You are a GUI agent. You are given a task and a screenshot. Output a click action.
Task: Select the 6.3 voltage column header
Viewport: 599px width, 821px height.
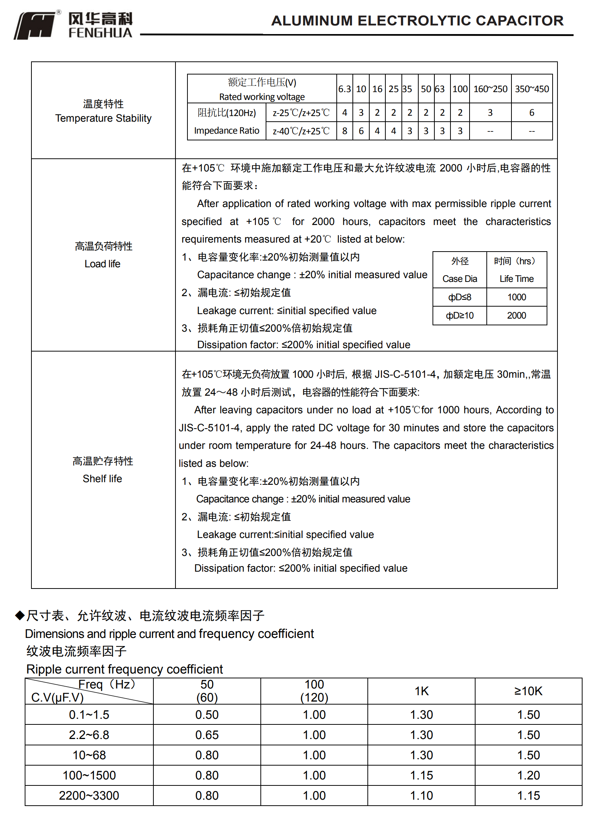pyautogui.click(x=344, y=89)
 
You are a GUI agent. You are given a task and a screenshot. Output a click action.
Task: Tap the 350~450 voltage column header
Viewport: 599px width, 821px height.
pyautogui.click(x=532, y=89)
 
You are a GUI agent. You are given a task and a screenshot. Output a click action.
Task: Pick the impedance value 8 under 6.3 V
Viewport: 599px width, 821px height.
pyautogui.click(x=344, y=131)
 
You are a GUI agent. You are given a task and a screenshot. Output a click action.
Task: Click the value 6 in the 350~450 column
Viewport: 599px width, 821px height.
pyautogui.click(x=532, y=113)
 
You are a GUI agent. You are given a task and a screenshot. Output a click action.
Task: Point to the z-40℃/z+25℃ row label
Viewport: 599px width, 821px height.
pyautogui.click(x=301, y=131)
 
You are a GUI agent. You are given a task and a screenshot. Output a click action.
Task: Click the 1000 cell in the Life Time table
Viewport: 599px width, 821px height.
pyautogui.click(x=517, y=297)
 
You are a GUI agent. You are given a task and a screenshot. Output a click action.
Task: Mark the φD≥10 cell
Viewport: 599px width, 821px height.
pyautogui.click(x=459, y=316)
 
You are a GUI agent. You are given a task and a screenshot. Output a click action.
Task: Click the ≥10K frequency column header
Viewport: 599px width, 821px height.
pyautogui.click(x=528, y=691)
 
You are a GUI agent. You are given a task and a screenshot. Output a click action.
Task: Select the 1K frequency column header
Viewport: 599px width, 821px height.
pyautogui.click(x=421, y=691)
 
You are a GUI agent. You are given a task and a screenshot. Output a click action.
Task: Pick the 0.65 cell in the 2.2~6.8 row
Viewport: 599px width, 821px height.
pyautogui.click(x=207, y=735)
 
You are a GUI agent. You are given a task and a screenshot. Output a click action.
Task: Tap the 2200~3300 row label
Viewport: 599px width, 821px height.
pyautogui.click(x=89, y=796)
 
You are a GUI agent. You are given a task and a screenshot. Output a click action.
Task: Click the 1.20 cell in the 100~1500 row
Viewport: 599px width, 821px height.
pyautogui.click(x=528, y=775)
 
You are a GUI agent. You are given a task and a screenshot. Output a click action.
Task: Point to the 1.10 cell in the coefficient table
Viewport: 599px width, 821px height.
pyautogui.click(x=421, y=796)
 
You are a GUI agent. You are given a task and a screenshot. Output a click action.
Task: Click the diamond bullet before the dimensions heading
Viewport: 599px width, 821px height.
pyautogui.click(x=19, y=615)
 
